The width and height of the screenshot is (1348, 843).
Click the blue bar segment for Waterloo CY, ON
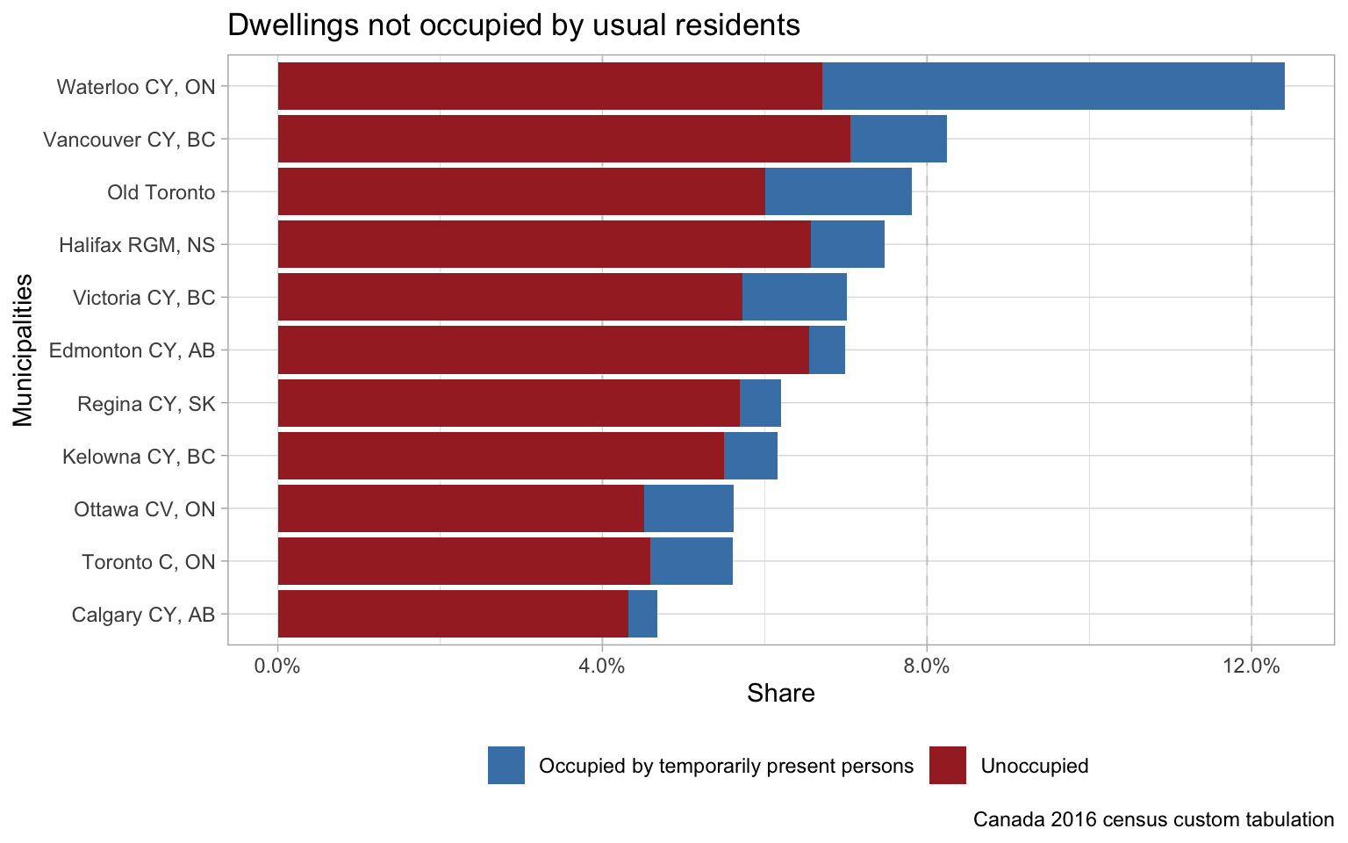point(1053,86)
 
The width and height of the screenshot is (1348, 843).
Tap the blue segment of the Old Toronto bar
point(838,191)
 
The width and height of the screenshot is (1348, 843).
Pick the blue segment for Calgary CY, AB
point(642,614)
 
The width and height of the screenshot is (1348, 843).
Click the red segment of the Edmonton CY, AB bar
point(542,350)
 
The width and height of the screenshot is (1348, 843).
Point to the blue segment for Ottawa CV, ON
point(688,508)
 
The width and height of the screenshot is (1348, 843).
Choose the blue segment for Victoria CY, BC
point(794,297)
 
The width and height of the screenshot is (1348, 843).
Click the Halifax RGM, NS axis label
point(137,244)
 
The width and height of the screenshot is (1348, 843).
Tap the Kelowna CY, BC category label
point(139,456)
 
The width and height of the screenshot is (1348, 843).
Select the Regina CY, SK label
point(146,403)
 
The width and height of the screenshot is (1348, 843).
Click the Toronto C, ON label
point(148,561)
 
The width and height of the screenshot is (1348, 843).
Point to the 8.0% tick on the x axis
point(927,666)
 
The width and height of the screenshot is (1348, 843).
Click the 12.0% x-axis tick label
point(1251,666)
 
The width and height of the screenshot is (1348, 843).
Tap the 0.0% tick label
point(277,666)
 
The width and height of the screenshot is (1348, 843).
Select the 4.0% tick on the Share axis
point(602,666)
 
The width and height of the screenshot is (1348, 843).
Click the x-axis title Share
point(781,694)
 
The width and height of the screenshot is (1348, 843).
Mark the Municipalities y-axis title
point(23,350)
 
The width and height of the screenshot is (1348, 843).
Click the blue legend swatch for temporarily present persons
point(506,765)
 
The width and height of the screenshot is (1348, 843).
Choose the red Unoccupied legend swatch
point(947,765)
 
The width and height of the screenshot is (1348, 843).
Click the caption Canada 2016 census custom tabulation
point(1153,819)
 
